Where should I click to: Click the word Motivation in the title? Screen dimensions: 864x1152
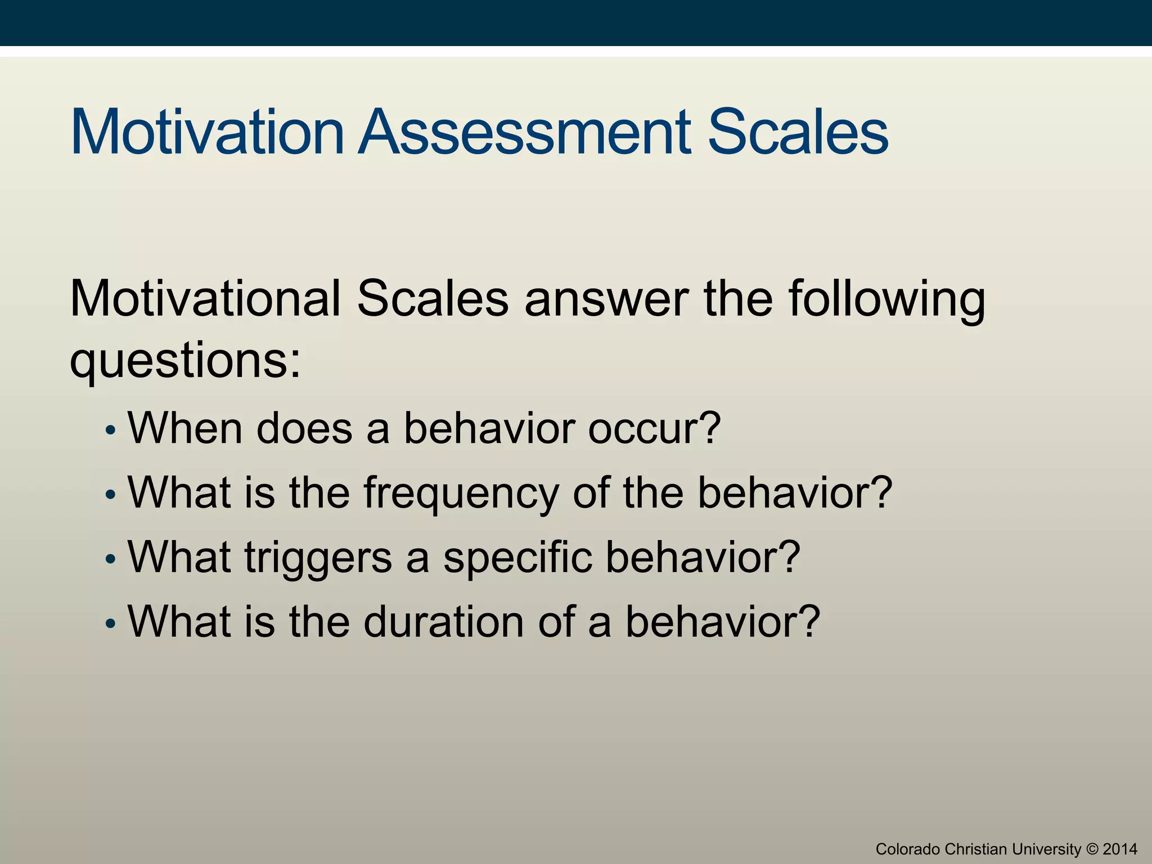pos(207,132)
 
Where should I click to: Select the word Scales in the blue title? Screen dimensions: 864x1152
pos(798,132)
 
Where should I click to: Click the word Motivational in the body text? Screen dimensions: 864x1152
pos(205,299)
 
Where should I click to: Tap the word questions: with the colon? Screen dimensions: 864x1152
pos(185,362)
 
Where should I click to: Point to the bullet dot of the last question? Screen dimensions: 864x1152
pos(111,624)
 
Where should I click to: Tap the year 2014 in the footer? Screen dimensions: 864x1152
pos(1120,849)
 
